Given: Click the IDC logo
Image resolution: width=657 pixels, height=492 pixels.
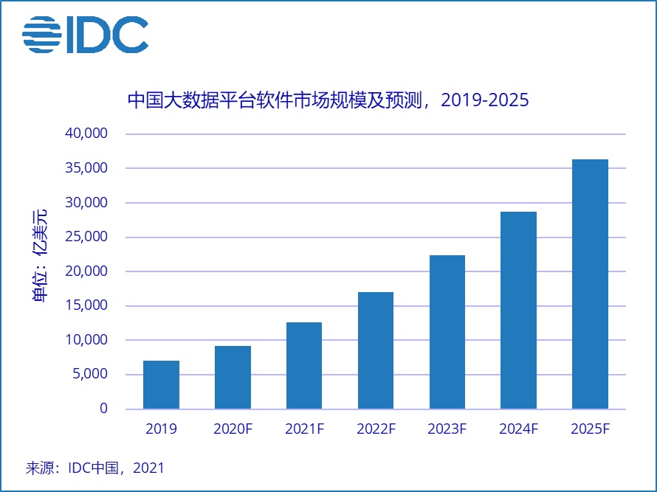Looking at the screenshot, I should pyautogui.click(x=85, y=35).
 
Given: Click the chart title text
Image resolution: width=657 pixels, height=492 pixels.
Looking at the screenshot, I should pyautogui.click(x=328, y=100).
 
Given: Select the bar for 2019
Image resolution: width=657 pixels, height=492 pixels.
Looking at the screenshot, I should pyautogui.click(x=161, y=384).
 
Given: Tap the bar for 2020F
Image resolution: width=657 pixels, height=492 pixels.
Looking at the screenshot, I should pyautogui.click(x=233, y=377).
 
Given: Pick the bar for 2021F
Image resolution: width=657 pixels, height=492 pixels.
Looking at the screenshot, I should pyautogui.click(x=304, y=365).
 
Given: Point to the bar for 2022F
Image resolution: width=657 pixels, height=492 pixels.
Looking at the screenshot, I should pyautogui.click(x=376, y=350).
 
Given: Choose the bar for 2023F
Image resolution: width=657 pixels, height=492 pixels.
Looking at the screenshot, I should pyautogui.click(x=447, y=332).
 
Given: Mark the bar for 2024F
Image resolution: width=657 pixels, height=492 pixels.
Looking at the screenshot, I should pyautogui.click(x=518, y=310).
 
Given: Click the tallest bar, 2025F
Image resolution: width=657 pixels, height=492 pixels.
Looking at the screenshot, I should pyautogui.click(x=590, y=284).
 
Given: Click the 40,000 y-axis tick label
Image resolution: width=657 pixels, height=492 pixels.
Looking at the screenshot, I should pyautogui.click(x=86, y=134).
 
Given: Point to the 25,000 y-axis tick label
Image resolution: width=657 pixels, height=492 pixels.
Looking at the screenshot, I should pyautogui.click(x=86, y=237).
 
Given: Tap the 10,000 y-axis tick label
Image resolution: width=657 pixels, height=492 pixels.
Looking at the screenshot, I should pyautogui.click(x=86, y=340).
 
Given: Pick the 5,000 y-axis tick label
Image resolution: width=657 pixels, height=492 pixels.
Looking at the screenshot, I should pyautogui.click(x=90, y=375).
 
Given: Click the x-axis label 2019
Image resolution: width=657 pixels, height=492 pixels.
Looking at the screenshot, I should pyautogui.click(x=161, y=429).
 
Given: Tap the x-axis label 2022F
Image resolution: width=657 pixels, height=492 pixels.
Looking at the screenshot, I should pyautogui.click(x=376, y=429).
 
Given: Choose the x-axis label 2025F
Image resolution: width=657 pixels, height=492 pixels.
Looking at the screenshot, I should pyautogui.click(x=590, y=429).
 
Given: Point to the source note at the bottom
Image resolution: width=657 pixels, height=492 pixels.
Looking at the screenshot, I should pyautogui.click(x=94, y=468).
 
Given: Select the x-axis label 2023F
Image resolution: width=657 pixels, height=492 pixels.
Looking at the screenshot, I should pyautogui.click(x=447, y=429).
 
